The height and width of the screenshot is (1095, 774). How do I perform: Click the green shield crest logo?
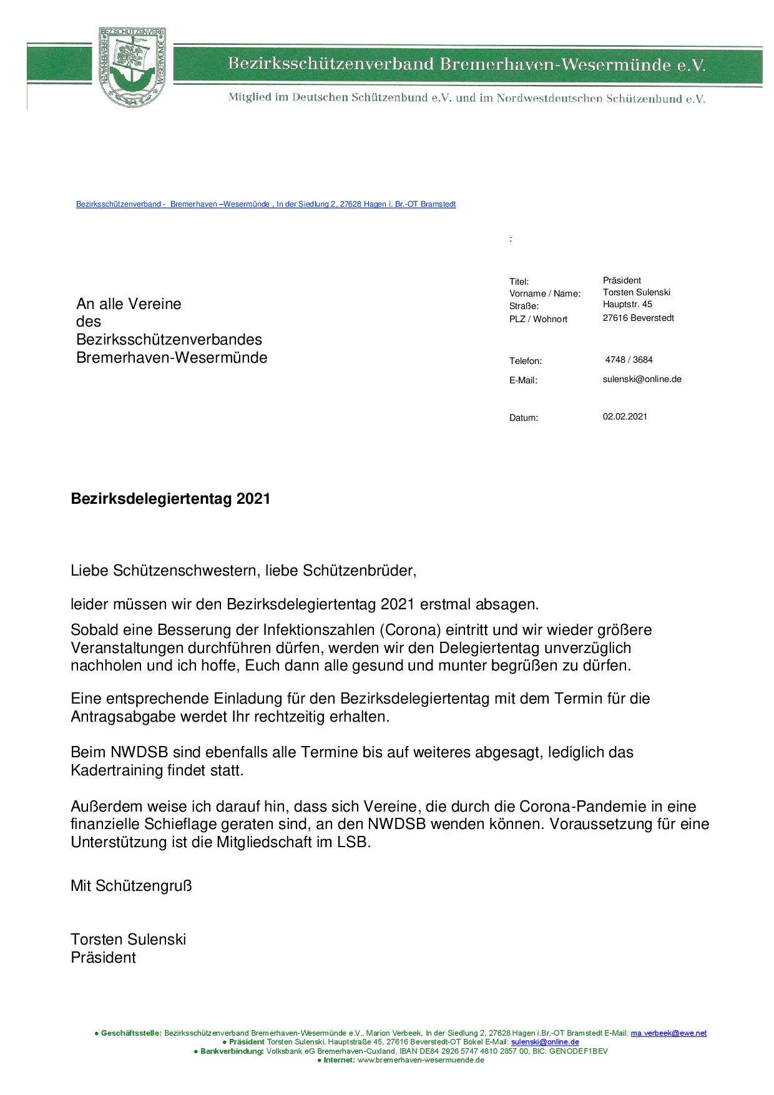(132, 68)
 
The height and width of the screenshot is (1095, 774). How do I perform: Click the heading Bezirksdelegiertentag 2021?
(170, 499)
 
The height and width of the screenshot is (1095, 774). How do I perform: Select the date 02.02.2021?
(625, 416)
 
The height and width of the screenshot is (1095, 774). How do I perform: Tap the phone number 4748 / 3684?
(629, 360)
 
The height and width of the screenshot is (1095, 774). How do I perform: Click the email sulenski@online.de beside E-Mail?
(642, 379)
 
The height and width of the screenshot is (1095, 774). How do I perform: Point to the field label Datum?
(523, 418)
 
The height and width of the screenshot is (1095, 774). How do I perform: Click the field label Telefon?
(526, 361)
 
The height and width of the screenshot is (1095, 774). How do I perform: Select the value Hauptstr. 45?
(627, 304)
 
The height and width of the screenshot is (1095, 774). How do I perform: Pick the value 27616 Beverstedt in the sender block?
(638, 318)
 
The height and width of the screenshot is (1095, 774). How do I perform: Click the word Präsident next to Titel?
(622, 280)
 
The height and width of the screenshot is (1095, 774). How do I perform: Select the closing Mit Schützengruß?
(131, 885)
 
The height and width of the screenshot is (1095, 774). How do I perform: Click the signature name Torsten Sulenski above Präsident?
(128, 940)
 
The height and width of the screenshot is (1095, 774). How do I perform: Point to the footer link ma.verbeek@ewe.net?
(669, 1033)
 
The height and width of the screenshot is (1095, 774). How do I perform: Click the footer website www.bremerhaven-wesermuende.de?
(421, 1060)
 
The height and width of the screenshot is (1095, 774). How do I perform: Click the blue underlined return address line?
(266, 204)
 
